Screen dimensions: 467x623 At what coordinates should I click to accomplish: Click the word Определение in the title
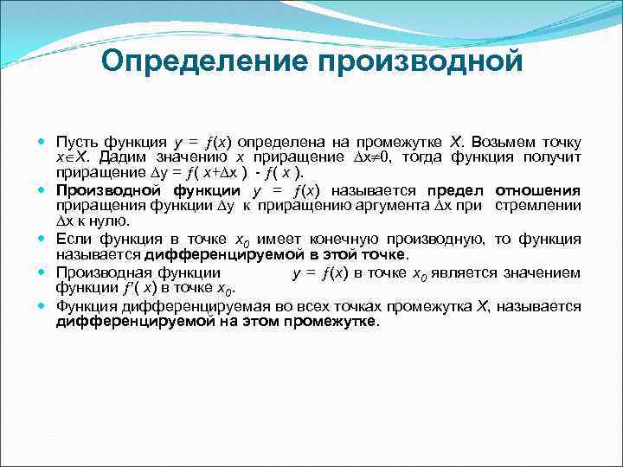click(x=204, y=61)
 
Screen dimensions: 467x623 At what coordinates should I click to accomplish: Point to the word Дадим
click(x=123, y=157)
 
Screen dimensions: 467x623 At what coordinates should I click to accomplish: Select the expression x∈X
click(x=73, y=157)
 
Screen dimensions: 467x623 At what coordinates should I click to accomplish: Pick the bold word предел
click(x=455, y=190)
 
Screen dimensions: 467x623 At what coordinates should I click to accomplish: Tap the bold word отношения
click(x=538, y=190)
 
